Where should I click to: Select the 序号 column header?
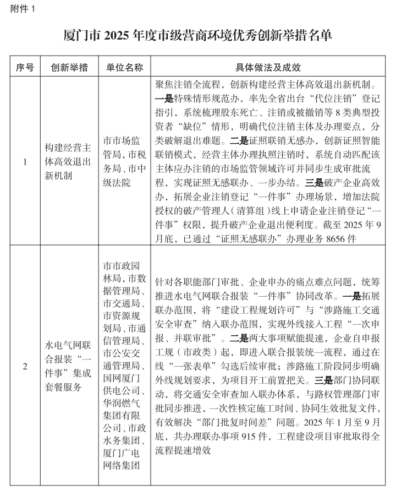click(x=25, y=68)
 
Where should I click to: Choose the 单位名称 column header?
click(x=124, y=68)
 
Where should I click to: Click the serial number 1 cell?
click(x=25, y=162)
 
